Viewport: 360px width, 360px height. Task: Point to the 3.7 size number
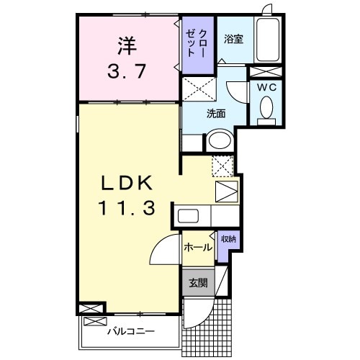pyautogui.click(x=128, y=72)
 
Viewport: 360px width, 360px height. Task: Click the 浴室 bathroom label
pyautogui.click(x=233, y=40)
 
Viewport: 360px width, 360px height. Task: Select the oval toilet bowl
pyautogui.click(x=266, y=110)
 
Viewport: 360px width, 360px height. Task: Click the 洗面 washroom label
pyautogui.click(x=216, y=113)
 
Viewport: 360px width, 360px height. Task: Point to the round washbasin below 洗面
pyautogui.click(x=219, y=140)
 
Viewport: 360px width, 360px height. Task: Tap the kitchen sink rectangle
pyautogui.click(x=189, y=217)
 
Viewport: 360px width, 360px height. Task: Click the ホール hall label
pyautogui.click(x=197, y=248)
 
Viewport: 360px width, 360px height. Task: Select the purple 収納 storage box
pyautogui.click(x=227, y=239)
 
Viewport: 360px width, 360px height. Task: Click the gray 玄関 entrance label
pyautogui.click(x=197, y=283)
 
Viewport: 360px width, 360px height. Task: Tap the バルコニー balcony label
pyautogui.click(x=128, y=333)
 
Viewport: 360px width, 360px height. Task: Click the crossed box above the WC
pyautogui.click(x=265, y=72)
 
